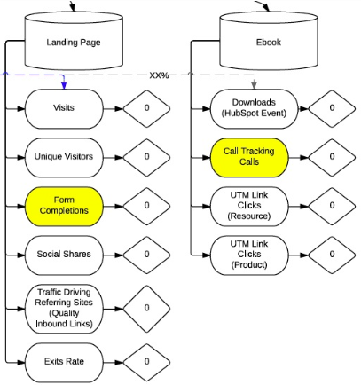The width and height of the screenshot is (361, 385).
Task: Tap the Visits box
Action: (x=65, y=108)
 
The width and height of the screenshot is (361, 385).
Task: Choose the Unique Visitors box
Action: (x=65, y=157)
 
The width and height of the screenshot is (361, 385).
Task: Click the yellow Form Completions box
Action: (x=65, y=206)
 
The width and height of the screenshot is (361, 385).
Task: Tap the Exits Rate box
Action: (x=65, y=362)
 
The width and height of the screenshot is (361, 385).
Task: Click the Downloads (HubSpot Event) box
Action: (x=250, y=108)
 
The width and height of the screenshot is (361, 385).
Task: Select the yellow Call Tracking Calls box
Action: (x=250, y=157)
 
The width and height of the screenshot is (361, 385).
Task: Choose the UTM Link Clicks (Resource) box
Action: (x=250, y=206)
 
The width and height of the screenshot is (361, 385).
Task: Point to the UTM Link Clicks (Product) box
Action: (x=250, y=255)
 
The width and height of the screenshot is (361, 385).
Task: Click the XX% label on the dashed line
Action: (x=160, y=75)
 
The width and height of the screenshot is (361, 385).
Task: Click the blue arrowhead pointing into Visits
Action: (x=65, y=86)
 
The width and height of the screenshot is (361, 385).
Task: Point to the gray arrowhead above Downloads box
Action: (x=255, y=86)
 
